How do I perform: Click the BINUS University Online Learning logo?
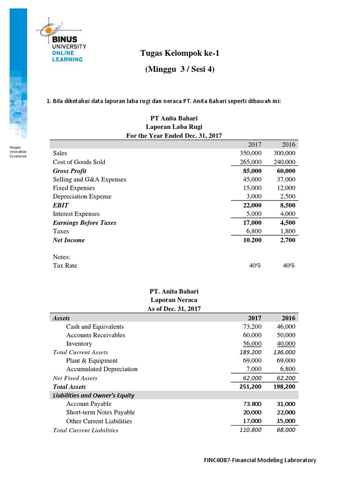[65, 43]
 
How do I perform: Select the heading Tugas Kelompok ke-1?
[180, 53]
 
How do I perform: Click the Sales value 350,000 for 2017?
[250, 153]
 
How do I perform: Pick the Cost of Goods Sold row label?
[79, 162]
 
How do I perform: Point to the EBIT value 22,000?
[251, 205]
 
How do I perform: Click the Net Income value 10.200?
[251, 240]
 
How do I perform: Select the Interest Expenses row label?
[76, 214]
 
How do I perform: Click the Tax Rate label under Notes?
[65, 266]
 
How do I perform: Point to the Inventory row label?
[79, 344]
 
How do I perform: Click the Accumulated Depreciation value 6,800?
[286, 369]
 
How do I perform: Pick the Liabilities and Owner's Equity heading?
[93, 395]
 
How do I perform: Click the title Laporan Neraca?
[174, 300]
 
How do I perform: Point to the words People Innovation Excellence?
[18, 152]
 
